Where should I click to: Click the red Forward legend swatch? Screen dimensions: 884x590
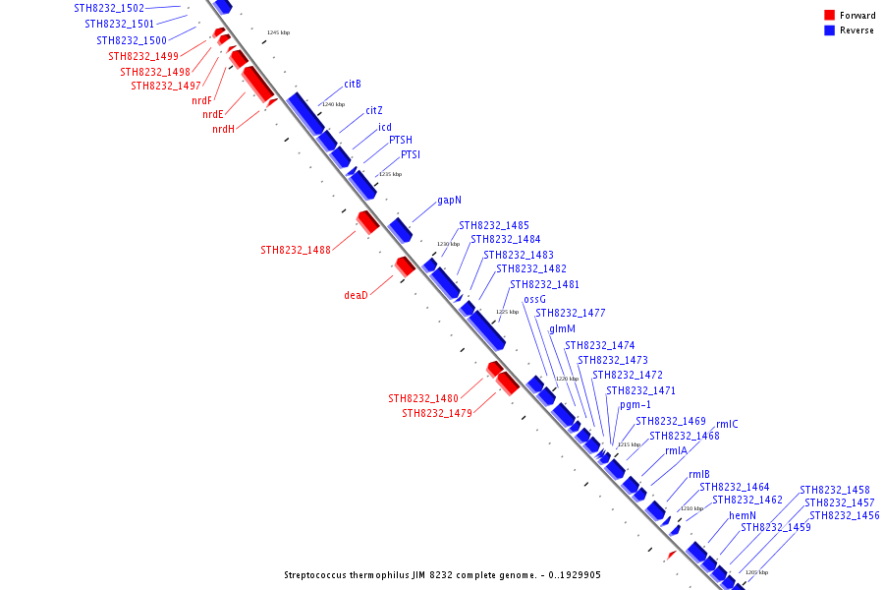830,15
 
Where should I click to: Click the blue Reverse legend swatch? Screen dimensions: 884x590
830,30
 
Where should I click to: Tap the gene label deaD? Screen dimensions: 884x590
356,295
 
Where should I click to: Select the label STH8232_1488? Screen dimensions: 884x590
296,250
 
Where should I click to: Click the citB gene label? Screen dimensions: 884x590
353,84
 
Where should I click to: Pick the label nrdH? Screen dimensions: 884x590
223,129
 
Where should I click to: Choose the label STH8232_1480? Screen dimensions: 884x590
423,399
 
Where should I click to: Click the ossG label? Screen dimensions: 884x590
534,299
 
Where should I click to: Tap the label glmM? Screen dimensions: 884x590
562,329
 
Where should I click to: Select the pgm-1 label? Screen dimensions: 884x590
635,404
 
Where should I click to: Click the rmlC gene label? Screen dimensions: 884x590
727,425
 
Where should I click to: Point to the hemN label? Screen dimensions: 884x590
743,515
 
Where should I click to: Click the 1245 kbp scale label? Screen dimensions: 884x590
279,32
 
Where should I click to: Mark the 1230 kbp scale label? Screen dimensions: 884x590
448,244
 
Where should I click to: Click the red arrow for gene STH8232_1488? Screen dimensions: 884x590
368,222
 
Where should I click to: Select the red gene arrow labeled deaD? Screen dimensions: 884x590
405,266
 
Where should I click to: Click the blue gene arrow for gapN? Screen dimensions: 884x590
401,231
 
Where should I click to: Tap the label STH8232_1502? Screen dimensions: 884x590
109,8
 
